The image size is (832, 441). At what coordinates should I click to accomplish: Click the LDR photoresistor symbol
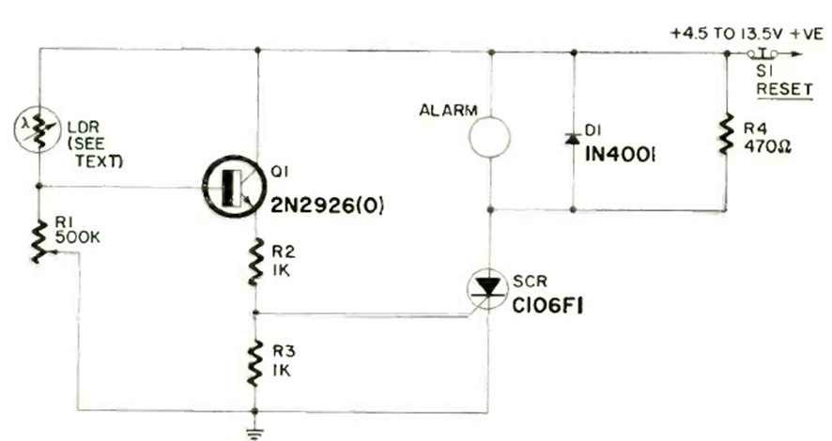38,129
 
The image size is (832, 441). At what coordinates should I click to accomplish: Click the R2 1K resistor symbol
255,262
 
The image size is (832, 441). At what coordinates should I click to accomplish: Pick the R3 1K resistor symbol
255,363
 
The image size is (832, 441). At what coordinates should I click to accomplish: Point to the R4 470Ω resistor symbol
727,134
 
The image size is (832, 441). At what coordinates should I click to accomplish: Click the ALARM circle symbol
490,137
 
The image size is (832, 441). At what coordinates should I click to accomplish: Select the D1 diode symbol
572,139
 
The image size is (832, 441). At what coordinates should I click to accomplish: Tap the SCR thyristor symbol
487,289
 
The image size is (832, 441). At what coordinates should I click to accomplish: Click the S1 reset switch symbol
763,53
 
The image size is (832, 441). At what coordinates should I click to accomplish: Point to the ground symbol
255,433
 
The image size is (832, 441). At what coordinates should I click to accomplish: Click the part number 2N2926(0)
327,205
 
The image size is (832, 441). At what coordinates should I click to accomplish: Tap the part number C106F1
547,307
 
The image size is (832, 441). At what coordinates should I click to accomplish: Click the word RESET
784,88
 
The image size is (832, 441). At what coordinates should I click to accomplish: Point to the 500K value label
77,238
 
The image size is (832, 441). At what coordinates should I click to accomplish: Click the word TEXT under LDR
100,160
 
